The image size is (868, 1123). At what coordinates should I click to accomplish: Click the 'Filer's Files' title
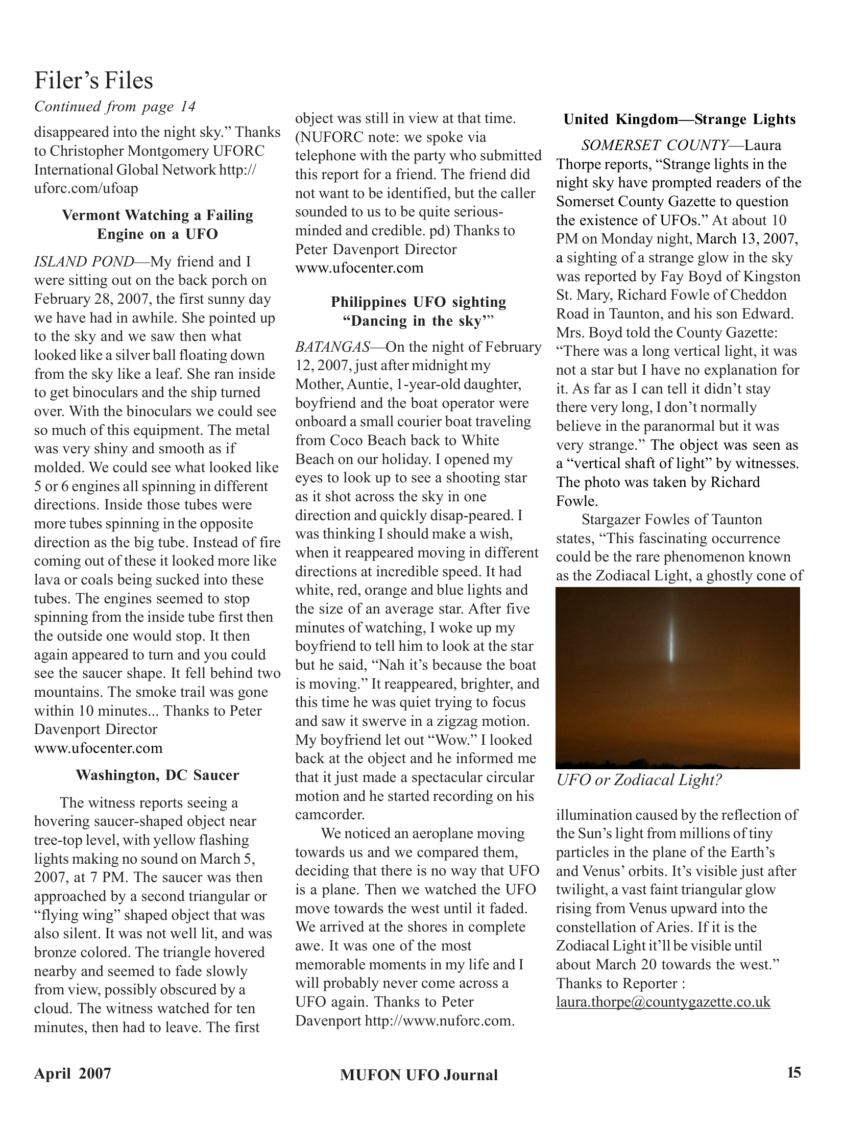click(93, 80)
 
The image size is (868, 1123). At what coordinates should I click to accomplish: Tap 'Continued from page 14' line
click(115, 107)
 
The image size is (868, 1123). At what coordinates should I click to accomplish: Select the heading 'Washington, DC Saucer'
click(157, 775)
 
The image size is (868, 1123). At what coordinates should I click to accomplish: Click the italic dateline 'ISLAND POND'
click(83, 262)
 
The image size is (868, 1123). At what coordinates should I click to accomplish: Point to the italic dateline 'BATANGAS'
click(332, 347)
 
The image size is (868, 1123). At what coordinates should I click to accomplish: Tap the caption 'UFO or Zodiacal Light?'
click(639, 780)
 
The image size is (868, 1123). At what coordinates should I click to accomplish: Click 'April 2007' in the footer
click(73, 1073)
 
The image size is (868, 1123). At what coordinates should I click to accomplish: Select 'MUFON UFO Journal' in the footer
click(419, 1075)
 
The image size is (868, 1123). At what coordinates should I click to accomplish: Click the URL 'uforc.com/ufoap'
click(86, 188)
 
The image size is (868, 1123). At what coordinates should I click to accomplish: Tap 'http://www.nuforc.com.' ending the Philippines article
click(440, 1020)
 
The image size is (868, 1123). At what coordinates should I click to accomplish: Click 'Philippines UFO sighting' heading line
click(418, 302)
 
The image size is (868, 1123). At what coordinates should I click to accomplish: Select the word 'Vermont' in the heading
click(90, 215)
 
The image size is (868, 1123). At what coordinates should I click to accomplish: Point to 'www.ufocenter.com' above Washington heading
click(98, 748)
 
